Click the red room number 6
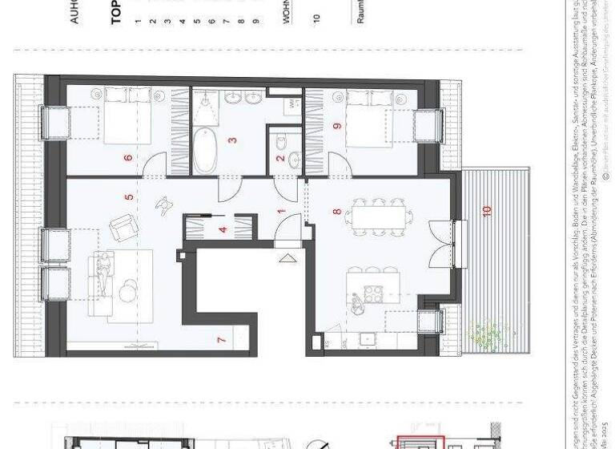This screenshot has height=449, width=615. [x=128, y=157]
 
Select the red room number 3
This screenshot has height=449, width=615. [x=232, y=141]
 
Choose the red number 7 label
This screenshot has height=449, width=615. [x=222, y=339]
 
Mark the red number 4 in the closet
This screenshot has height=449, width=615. [x=223, y=229]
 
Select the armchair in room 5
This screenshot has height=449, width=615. [x=123, y=227]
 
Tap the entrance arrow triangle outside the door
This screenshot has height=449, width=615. [x=286, y=258]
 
